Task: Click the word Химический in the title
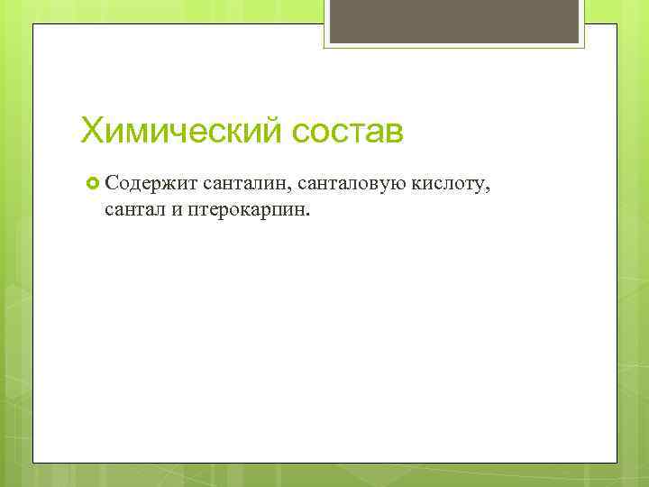tap(182, 130)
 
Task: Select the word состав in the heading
tap(348, 131)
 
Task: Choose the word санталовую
tap(351, 185)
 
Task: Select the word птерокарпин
tap(245, 210)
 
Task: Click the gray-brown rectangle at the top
tap(454, 23)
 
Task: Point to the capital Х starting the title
tap(91, 130)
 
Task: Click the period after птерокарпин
tap(306, 215)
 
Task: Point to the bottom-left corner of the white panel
tap(34, 462)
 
